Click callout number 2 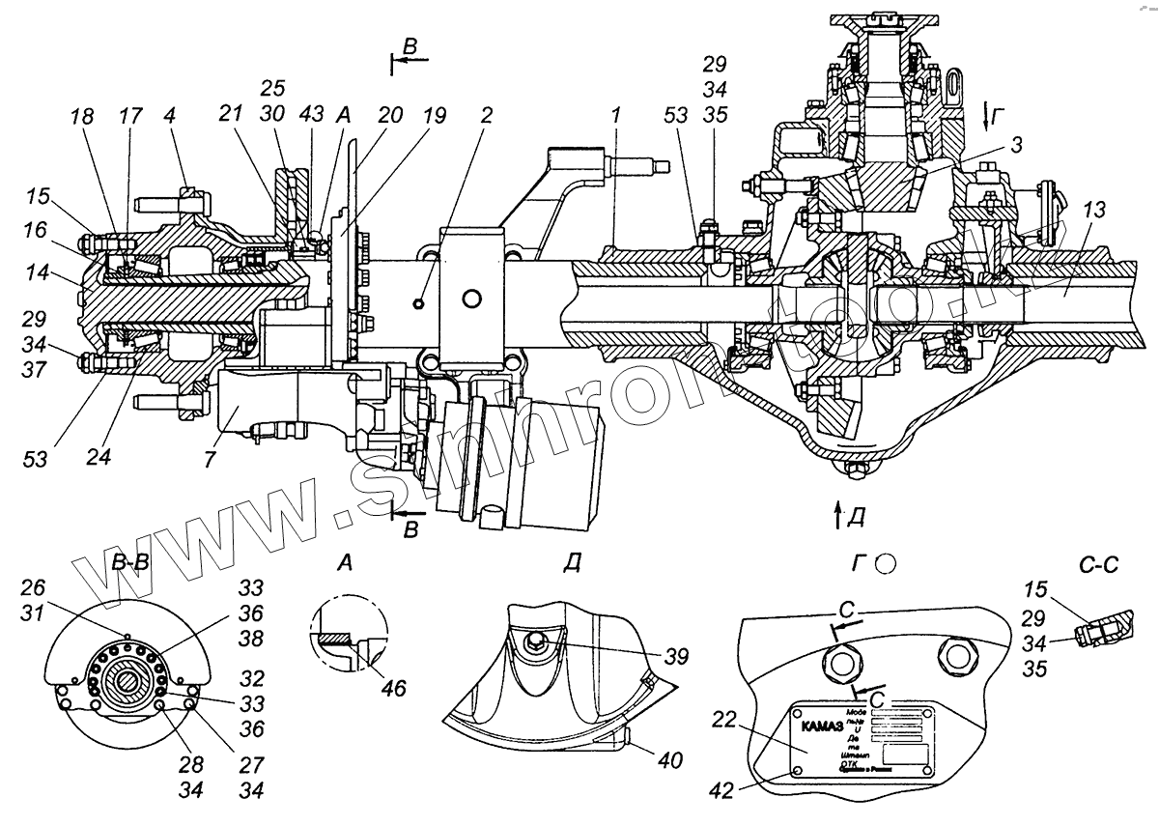[x=485, y=116]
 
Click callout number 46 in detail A [x=393, y=688]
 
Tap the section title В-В [x=129, y=563]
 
